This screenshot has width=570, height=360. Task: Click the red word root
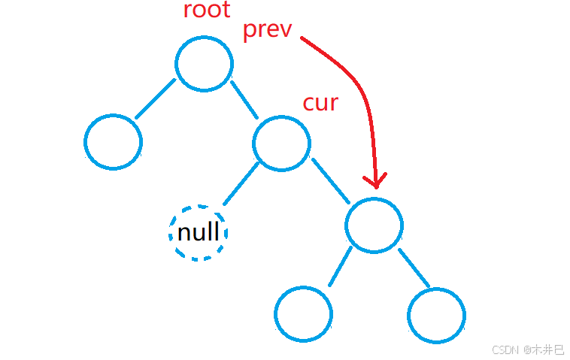click(207, 11)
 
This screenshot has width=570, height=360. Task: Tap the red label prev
click(267, 31)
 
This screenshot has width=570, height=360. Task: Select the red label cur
click(320, 102)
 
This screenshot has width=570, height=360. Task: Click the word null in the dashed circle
click(199, 232)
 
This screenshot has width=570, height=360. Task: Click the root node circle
click(205, 63)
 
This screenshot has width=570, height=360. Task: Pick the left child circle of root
click(114, 142)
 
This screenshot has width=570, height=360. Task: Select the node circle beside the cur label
click(282, 143)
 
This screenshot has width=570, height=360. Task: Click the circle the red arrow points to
click(374, 225)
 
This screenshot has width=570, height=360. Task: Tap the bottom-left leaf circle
click(303, 314)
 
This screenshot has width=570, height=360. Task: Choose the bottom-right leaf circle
click(436, 315)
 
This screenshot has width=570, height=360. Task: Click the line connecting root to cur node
click(244, 100)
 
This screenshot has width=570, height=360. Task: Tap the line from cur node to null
click(241, 185)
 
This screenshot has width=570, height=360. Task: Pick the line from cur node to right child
click(331, 181)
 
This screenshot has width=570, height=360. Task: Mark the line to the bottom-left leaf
click(340, 266)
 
